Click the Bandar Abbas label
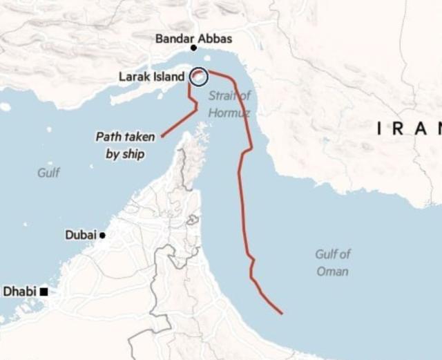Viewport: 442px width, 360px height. pyautogui.click(x=193, y=39)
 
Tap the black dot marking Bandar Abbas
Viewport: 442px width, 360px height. pyautogui.click(x=193, y=48)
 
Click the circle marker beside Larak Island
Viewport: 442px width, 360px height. pyautogui.click(x=198, y=77)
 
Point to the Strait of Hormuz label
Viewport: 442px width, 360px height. pyautogui.click(x=229, y=104)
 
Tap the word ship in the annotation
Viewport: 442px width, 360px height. pyautogui.click(x=134, y=154)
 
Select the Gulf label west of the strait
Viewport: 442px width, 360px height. pyautogui.click(x=48, y=173)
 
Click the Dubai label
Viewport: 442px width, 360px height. pyautogui.click(x=81, y=235)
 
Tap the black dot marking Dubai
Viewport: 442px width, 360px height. pyautogui.click(x=102, y=236)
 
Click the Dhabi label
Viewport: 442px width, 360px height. pyautogui.click(x=19, y=292)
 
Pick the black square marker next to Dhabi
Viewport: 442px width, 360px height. pyautogui.click(x=44, y=292)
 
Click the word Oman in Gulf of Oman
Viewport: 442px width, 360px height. pyautogui.click(x=332, y=272)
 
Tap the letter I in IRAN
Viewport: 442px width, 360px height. pyautogui.click(x=381, y=128)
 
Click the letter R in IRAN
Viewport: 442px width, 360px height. pyautogui.click(x=401, y=128)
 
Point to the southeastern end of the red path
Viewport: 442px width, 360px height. pyautogui.click(x=282, y=314)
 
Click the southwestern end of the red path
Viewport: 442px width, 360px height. pyautogui.click(x=162, y=136)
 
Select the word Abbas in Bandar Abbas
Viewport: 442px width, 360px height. pyautogui.click(x=215, y=39)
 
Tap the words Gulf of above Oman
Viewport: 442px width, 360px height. pyautogui.click(x=333, y=254)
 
